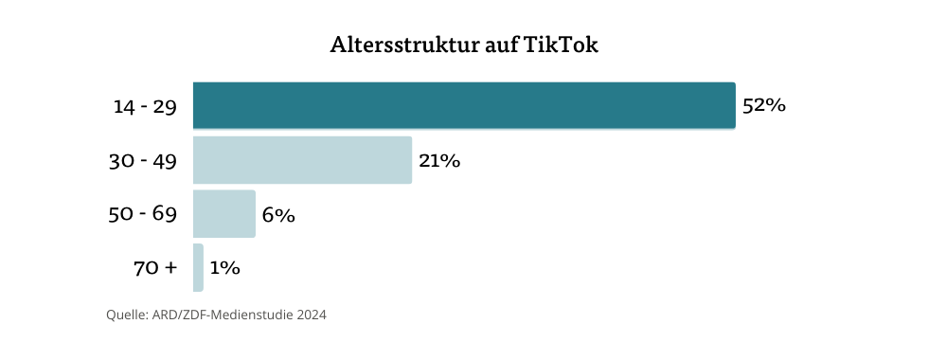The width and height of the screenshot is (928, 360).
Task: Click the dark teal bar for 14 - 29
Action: click(464, 105)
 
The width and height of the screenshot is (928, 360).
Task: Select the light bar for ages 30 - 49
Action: click(302, 160)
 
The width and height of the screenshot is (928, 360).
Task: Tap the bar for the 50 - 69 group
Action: click(224, 214)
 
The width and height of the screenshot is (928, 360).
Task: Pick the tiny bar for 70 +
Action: click(198, 268)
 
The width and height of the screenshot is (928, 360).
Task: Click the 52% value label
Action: click(764, 106)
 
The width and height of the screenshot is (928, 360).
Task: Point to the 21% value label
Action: click(439, 161)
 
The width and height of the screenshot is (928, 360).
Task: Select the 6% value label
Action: click(278, 215)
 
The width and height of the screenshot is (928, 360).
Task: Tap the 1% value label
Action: click(224, 268)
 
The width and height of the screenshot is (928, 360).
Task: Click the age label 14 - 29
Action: click(145, 106)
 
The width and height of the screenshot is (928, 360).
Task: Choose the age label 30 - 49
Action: click(143, 161)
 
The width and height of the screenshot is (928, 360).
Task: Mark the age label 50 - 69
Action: click(143, 214)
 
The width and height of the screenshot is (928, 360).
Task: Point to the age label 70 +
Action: click(155, 268)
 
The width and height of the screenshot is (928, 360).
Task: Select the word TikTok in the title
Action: click(561, 45)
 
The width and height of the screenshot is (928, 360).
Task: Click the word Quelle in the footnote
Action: click(125, 315)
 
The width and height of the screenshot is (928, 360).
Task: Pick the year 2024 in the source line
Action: click(310, 315)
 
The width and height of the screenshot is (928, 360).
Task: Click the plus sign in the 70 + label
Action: click(170, 268)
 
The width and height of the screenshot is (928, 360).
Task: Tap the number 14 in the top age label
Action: click(124, 106)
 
